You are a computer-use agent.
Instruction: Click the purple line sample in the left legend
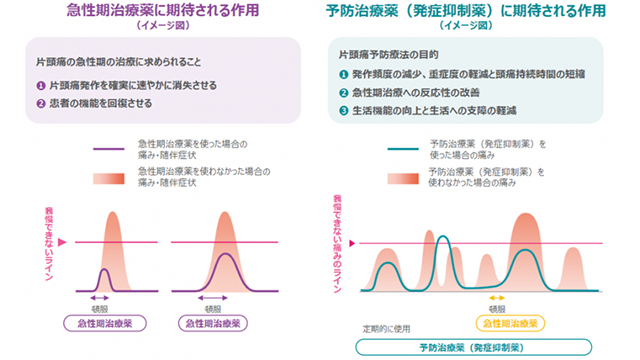click(100, 150)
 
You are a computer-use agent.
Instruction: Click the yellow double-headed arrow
click(496, 298)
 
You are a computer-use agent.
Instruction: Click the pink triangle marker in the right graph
click(342, 243)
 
